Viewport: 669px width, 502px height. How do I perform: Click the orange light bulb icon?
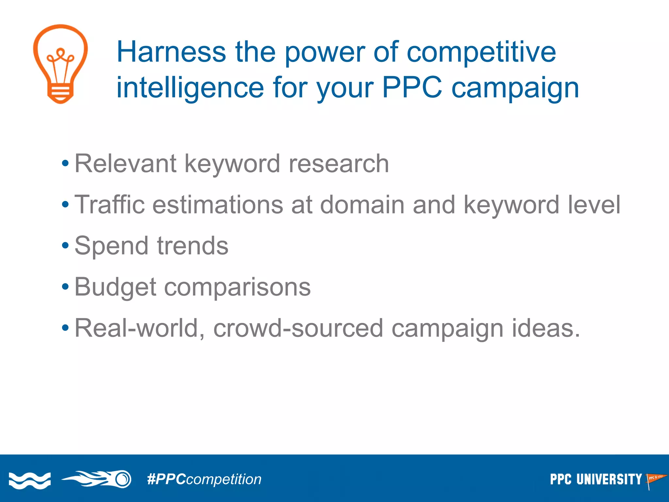pos(60,64)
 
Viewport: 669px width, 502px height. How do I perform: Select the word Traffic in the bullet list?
pos(109,205)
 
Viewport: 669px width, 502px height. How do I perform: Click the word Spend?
pos(112,246)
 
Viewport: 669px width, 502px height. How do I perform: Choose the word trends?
pos(193,246)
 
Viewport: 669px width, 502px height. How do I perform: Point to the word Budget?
pos(115,287)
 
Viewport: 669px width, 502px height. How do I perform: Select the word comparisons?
pos(237,287)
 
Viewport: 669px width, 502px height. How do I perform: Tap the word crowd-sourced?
pos(298,328)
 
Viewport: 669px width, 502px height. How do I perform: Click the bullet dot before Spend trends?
pos(65,245)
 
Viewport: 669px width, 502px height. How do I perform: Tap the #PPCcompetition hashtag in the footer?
pos(204,479)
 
